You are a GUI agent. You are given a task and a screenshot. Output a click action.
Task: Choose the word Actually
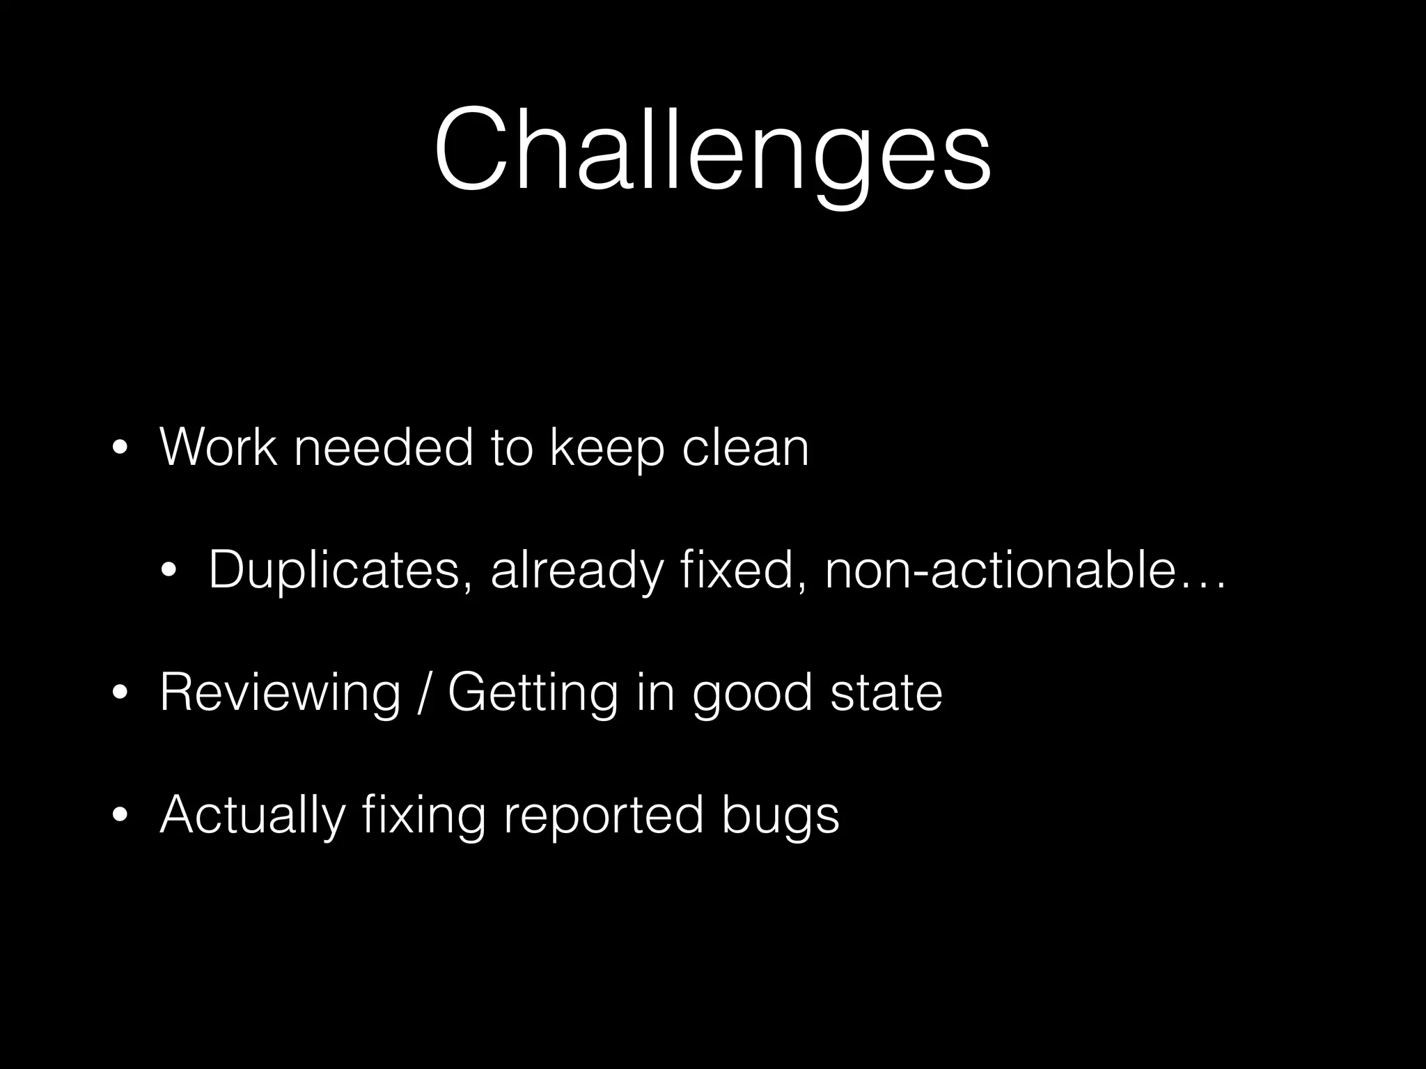pos(252,816)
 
